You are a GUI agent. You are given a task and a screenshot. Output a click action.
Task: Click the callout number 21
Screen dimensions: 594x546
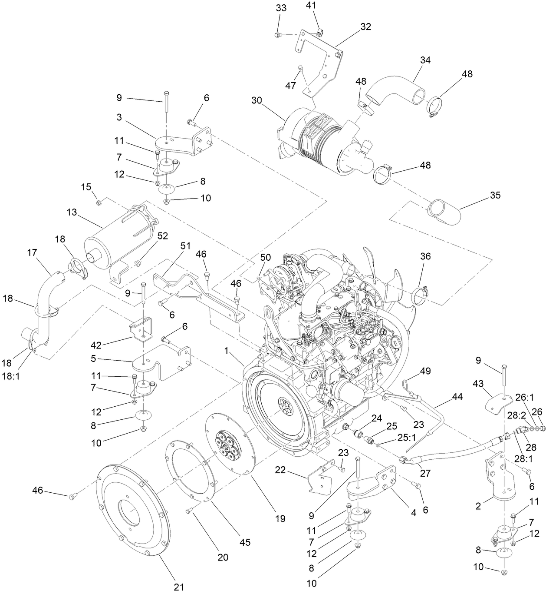pyautogui.click(x=179, y=587)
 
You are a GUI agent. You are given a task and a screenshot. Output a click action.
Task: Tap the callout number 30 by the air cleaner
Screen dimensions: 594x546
pyautogui.click(x=257, y=100)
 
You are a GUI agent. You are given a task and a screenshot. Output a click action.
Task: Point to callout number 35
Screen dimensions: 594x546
pyautogui.click(x=495, y=195)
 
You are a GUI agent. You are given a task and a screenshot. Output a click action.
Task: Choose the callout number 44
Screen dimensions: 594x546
pyautogui.click(x=457, y=397)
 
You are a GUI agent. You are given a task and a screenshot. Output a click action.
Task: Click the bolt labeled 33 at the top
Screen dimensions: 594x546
pyautogui.click(x=278, y=34)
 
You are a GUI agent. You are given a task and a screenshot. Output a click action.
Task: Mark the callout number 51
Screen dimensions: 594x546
pyautogui.click(x=185, y=246)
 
